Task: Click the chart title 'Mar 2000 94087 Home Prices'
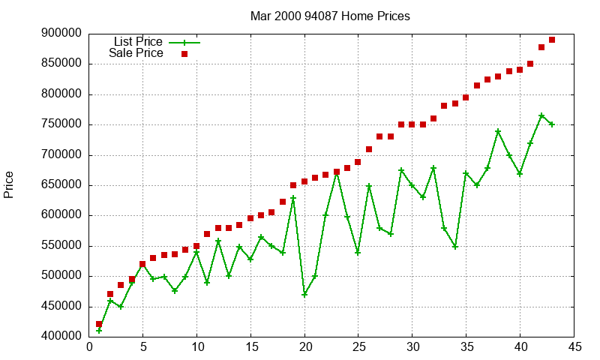pos(330,16)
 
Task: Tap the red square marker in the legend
pos(184,53)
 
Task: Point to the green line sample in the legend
pos(184,42)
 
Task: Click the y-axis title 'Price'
pos(9,184)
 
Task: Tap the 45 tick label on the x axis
pos(574,347)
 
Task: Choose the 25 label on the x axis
pos(358,347)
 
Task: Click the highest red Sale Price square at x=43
pos(552,40)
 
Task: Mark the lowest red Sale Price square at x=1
pos(99,324)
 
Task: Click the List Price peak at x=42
pos(541,115)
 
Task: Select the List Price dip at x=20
pos(304,295)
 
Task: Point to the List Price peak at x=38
pos(498,131)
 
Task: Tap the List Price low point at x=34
pos(455,246)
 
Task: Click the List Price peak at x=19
pos(293,198)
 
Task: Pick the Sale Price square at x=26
pos(369,149)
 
